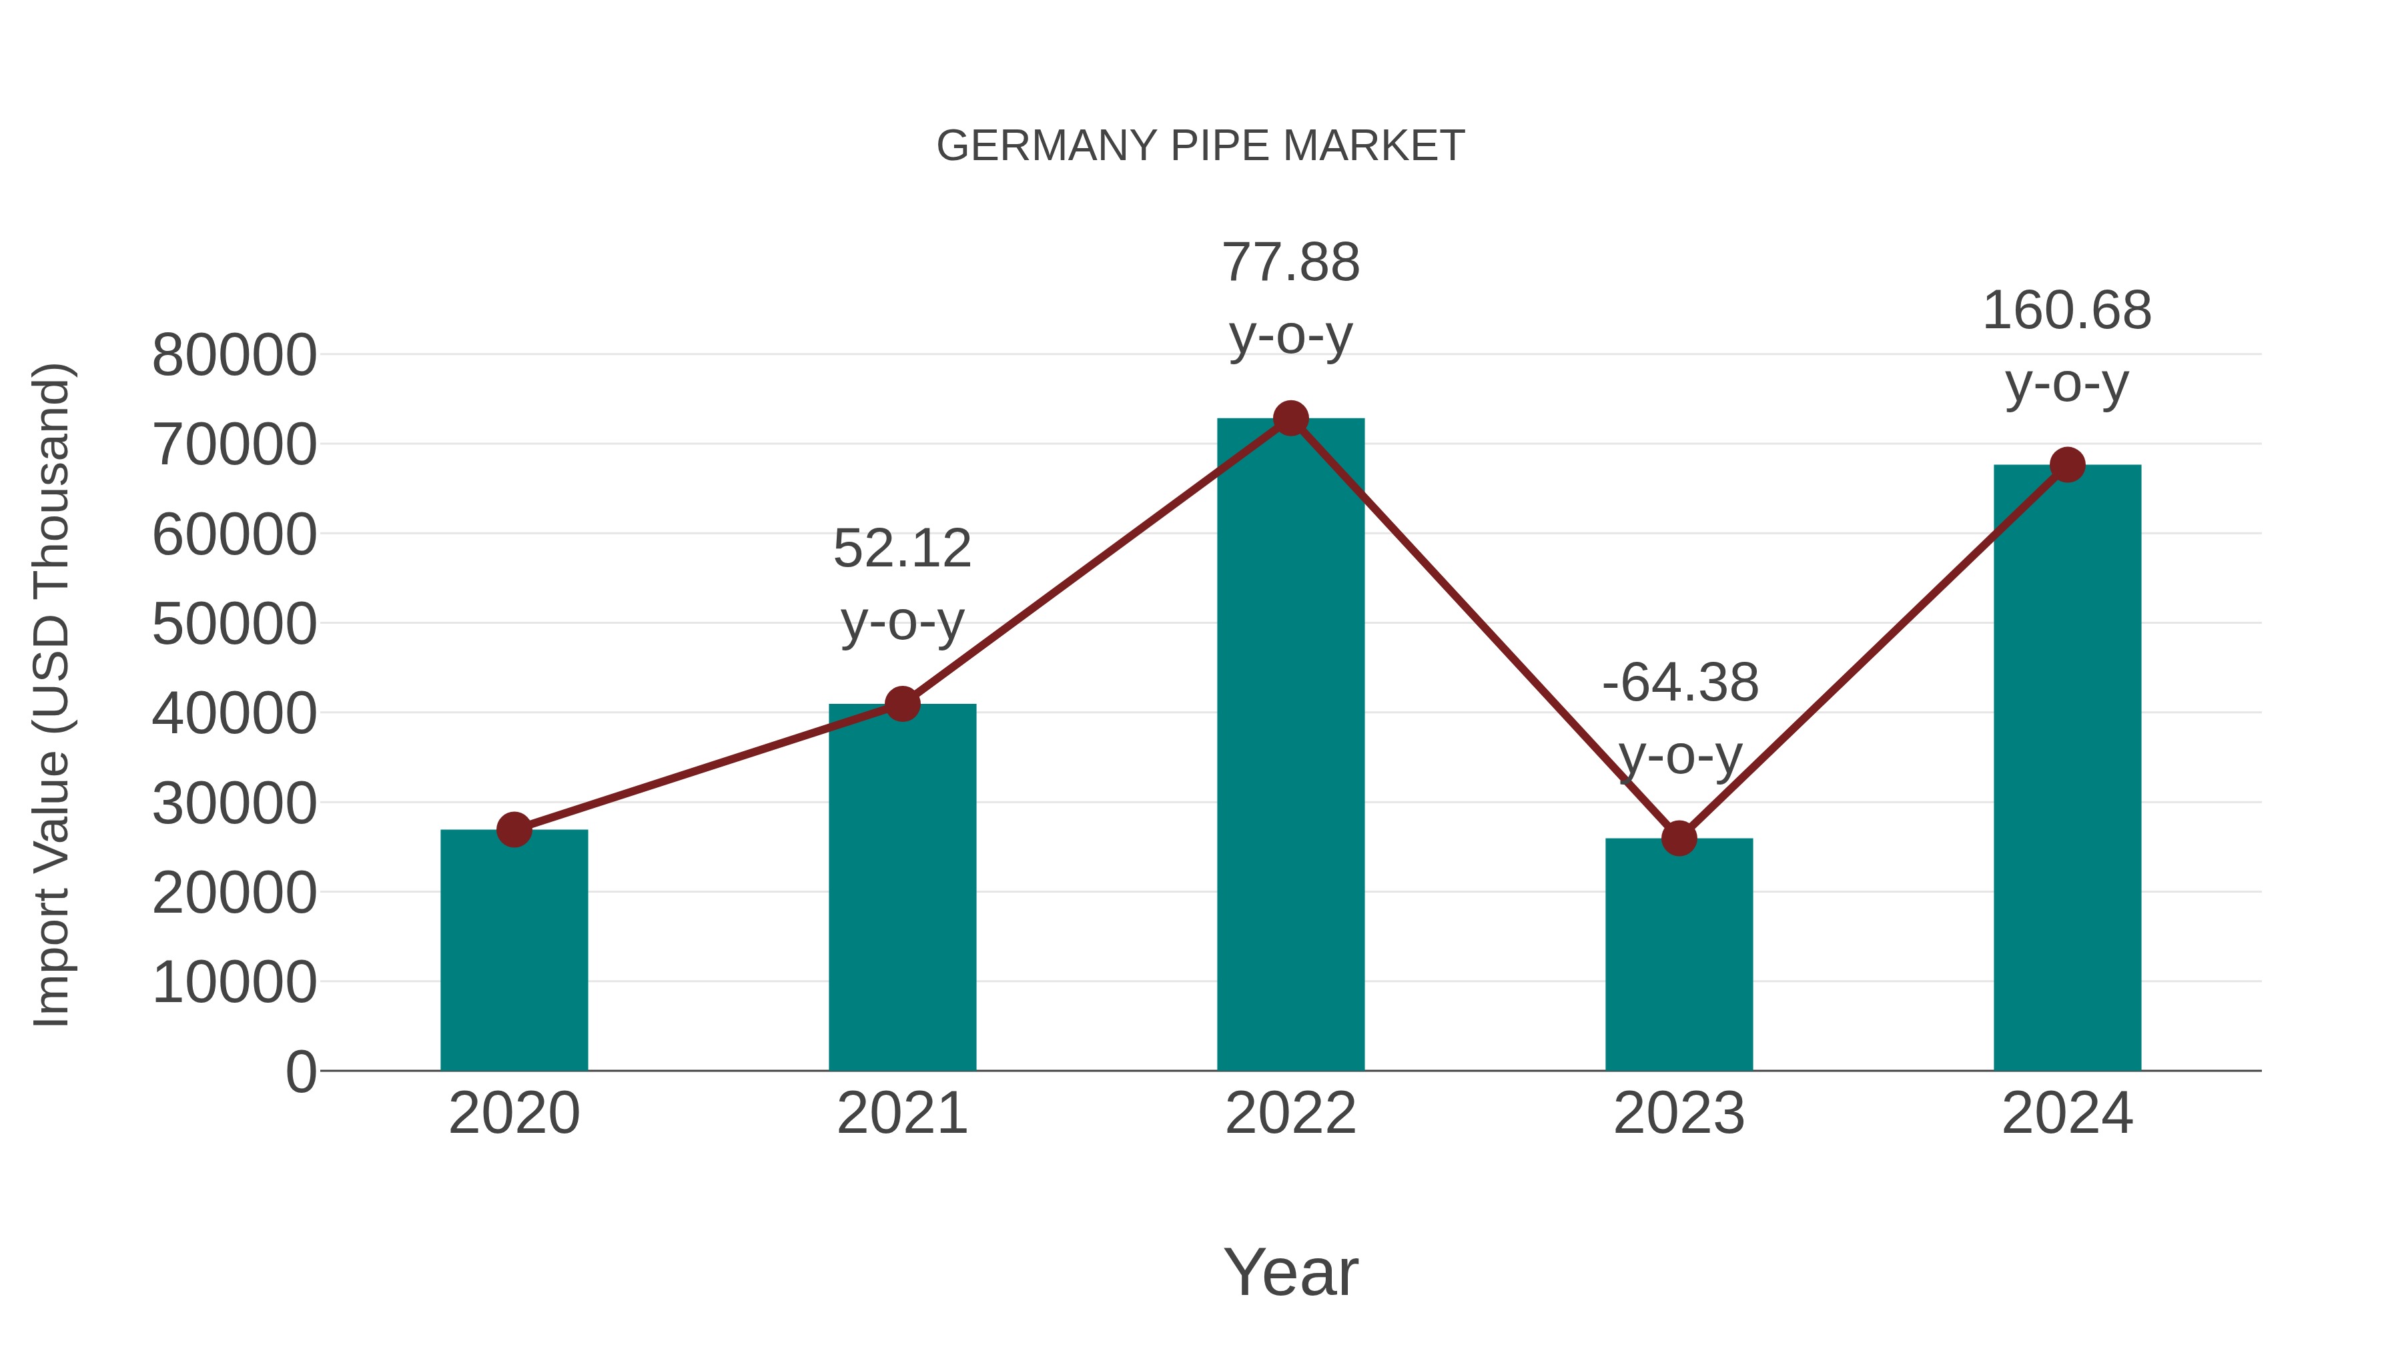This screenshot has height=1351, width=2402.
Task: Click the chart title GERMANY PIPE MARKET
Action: click(x=1200, y=146)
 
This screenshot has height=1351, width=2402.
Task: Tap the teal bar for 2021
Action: click(x=901, y=887)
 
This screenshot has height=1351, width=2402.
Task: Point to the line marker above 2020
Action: click(x=514, y=829)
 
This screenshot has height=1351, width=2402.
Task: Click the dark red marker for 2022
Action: click(x=1290, y=418)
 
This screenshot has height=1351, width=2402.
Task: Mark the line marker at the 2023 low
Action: click(x=1679, y=838)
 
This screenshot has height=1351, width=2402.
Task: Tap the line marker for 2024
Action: click(x=2067, y=464)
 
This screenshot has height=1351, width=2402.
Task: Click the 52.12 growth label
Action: click(x=901, y=548)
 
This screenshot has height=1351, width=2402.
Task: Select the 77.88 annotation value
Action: click(x=1290, y=263)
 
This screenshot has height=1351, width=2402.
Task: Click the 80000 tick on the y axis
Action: click(x=234, y=355)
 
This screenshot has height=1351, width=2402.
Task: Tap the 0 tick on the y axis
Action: click(x=300, y=1071)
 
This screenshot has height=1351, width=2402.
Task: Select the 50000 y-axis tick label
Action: click(x=234, y=624)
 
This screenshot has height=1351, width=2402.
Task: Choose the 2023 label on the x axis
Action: click(x=1679, y=1113)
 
